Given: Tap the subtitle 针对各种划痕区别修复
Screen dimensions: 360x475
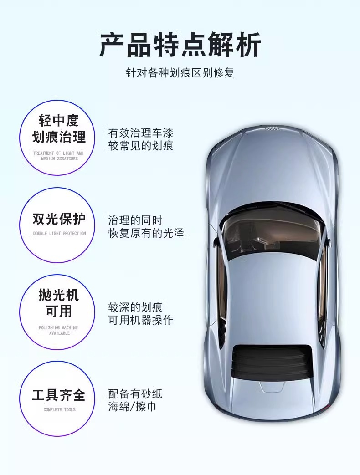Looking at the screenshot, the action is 180,72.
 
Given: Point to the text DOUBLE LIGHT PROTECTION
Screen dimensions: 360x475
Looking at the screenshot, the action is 59,234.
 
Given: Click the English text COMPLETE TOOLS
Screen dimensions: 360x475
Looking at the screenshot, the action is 59,410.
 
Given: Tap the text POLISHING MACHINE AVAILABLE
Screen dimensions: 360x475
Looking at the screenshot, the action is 58,331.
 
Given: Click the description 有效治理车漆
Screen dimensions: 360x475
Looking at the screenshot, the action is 140,133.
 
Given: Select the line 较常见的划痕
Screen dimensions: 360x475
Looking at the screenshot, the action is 140,146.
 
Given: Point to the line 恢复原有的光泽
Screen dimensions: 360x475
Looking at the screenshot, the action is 146,233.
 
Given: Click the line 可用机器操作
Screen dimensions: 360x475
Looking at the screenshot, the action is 140,320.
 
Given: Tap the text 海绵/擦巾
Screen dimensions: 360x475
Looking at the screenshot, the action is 132,406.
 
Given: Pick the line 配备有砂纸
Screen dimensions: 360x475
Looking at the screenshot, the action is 135,393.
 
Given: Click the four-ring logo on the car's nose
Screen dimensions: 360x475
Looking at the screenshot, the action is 272,129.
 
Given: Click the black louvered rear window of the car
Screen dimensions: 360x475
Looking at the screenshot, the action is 272,362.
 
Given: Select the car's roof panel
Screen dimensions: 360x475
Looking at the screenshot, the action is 272,291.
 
